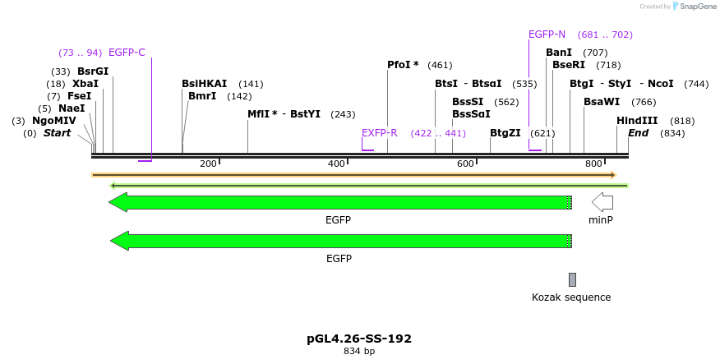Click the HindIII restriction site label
(637, 121)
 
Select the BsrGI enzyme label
(93, 71)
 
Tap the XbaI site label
(85, 84)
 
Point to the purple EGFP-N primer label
(547, 35)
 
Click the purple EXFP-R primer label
(379, 133)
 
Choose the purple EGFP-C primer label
(127, 53)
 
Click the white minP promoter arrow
(602, 202)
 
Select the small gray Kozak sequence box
(572, 279)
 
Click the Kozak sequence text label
(571, 297)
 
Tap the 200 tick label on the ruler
(208, 164)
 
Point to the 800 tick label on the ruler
(593, 164)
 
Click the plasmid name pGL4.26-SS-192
(359, 339)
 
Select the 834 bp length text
(359, 352)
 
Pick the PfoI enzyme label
(403, 65)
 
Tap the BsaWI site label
(602, 102)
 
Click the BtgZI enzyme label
(505, 133)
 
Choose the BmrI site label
(202, 96)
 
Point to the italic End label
(638, 133)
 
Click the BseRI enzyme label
(569, 65)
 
